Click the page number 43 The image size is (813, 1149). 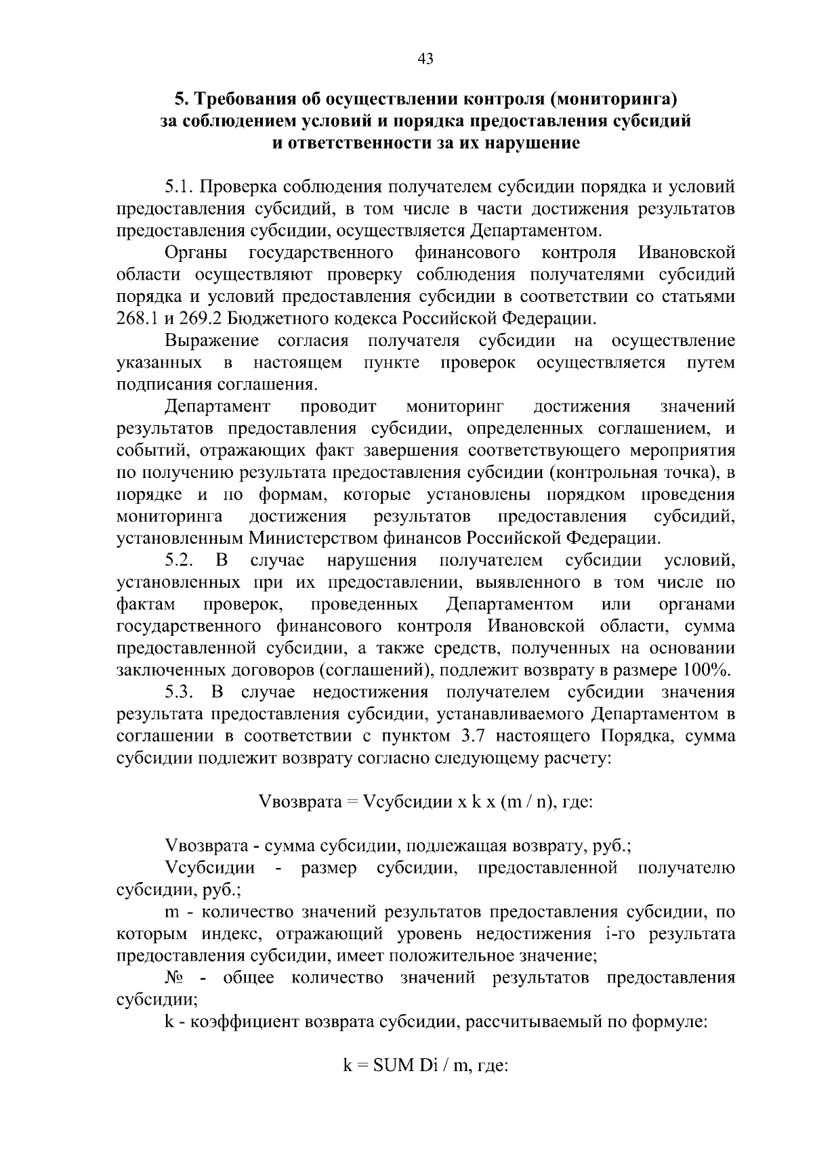(426, 59)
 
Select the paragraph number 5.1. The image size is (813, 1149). (179, 187)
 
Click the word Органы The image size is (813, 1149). (196, 253)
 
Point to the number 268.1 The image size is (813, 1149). (137, 318)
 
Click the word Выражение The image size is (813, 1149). (212, 341)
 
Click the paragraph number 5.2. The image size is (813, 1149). (180, 561)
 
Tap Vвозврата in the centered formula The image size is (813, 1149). (299, 803)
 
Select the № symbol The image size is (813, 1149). (174, 979)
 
